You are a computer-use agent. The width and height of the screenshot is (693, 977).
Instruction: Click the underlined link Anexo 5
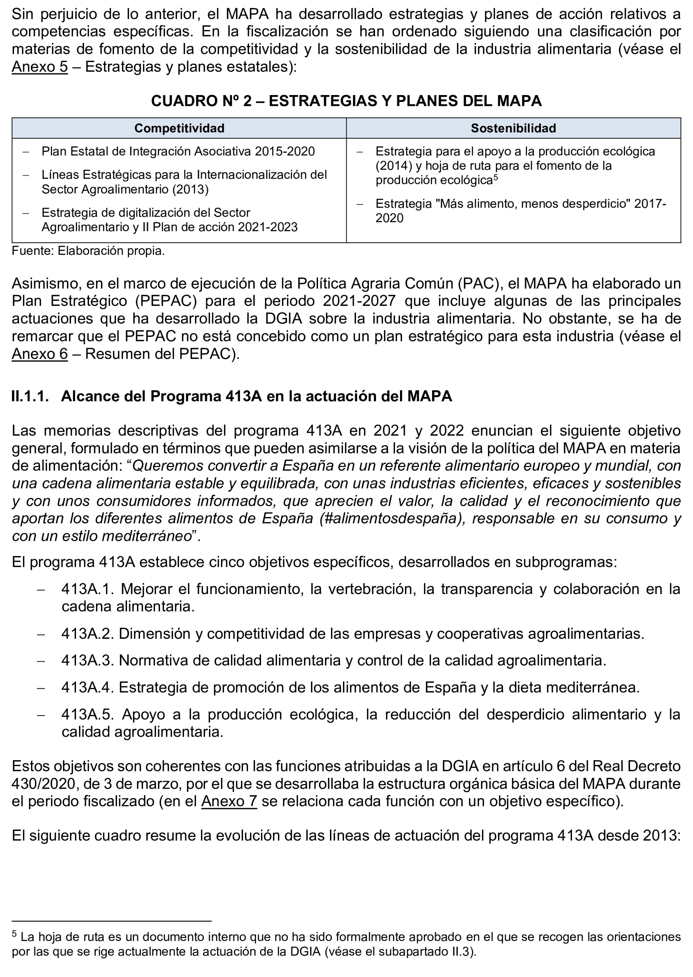[x=39, y=67]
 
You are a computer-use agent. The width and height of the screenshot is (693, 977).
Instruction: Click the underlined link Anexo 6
[x=39, y=354]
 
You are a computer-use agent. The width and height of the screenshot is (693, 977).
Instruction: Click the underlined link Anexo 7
[x=229, y=801]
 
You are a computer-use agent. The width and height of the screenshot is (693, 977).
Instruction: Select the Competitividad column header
[x=179, y=128]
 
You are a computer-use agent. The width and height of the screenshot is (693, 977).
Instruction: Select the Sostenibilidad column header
[x=513, y=128]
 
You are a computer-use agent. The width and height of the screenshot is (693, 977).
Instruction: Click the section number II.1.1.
[x=30, y=396]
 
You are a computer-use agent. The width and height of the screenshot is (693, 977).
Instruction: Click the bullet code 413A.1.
[x=88, y=589]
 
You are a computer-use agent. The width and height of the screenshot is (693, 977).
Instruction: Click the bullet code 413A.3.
[x=88, y=660]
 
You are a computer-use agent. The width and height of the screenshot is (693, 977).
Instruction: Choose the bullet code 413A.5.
[x=88, y=714]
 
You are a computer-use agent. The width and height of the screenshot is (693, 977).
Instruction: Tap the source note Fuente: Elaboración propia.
[x=88, y=251]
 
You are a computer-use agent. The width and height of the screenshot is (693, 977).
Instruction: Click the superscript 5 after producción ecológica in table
[x=495, y=177]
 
